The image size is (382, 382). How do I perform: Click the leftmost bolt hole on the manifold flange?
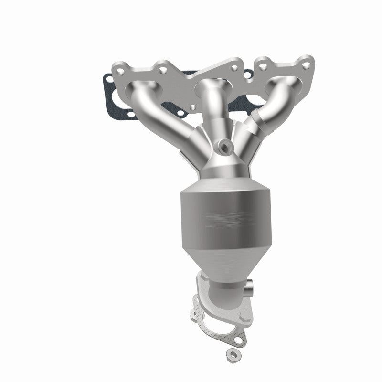tap(120, 71)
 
